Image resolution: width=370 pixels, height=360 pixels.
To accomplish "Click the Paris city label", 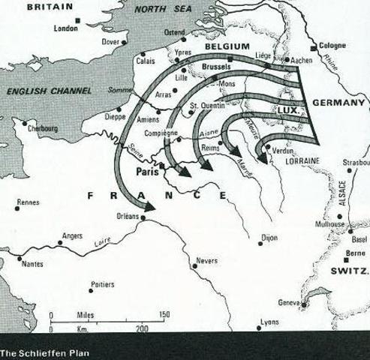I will coord(147,172).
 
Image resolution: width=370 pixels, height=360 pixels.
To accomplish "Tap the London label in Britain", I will coord(66,28).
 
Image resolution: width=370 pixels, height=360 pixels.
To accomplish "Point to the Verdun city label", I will coord(283,151).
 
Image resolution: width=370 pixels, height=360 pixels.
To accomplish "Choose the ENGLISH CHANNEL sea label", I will coord(49,90).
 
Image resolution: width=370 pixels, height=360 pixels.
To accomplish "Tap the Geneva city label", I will coord(288,303).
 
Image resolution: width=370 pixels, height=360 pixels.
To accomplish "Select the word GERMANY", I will coord(338,102).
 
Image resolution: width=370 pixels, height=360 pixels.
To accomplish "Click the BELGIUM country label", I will coord(227,46).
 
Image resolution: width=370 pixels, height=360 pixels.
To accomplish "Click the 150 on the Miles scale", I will coord(164,315).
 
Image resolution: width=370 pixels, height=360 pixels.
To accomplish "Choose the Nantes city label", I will coord(32,264).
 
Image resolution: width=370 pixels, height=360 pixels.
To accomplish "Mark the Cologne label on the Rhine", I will coord(331,45).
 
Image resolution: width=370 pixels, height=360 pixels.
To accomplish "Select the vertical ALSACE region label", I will coord(342,193).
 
